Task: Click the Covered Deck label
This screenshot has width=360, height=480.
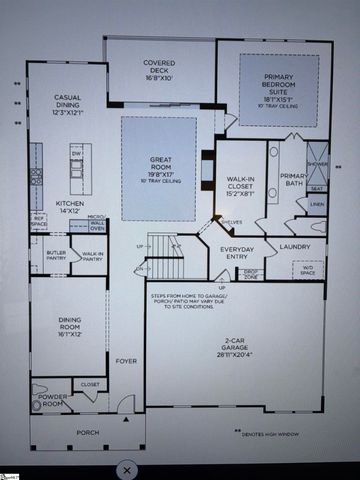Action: click(159, 69)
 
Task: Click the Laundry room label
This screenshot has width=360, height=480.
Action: click(295, 245)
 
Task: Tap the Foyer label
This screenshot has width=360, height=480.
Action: click(126, 361)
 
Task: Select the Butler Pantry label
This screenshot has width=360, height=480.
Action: click(56, 255)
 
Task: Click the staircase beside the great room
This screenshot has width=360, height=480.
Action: click(163, 245)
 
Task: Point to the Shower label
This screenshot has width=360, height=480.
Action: click(317, 165)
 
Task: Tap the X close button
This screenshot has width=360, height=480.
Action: click(127, 468)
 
